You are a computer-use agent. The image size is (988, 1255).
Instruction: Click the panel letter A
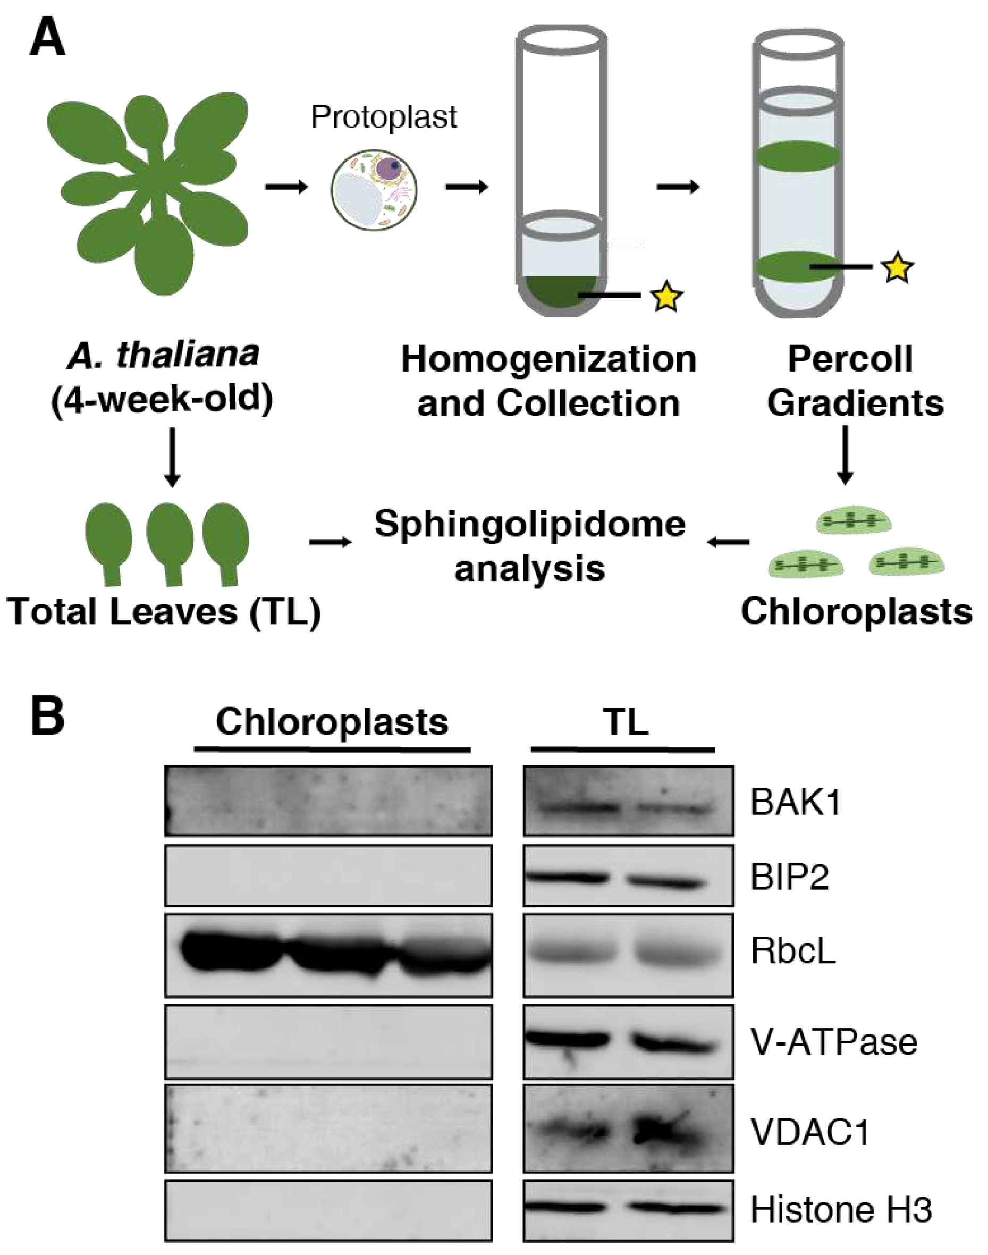coord(47,35)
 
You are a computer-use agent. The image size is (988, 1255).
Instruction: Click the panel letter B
coord(47,715)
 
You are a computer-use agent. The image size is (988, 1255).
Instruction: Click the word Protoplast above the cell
coord(384,117)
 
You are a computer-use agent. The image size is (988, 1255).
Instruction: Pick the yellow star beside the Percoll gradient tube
coord(897,267)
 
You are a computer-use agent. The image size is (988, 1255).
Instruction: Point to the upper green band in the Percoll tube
coord(798,156)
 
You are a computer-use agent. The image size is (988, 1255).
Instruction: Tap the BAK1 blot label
coord(796,803)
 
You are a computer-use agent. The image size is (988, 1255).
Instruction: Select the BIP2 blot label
coord(790,877)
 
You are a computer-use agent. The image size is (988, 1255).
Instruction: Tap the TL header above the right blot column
coord(626,722)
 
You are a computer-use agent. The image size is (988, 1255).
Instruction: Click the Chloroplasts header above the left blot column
coord(332,722)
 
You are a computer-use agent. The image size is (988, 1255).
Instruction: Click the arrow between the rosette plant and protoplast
coord(286,187)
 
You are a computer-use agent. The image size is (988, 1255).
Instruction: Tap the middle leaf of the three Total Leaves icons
coord(170,542)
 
